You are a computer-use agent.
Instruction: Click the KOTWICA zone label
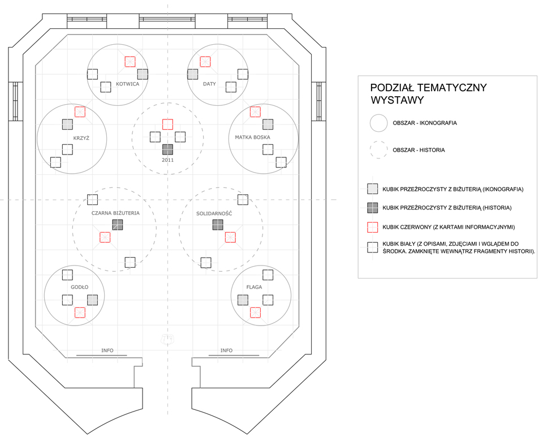tap(127, 84)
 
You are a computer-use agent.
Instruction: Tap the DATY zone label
tap(209, 84)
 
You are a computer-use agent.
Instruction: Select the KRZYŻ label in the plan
tap(81, 138)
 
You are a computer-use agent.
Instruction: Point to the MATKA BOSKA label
tap(252, 138)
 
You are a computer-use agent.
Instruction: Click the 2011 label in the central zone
tap(167, 160)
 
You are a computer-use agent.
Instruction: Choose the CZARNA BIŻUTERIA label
tap(115, 213)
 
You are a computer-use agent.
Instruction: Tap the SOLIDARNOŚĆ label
tap(214, 213)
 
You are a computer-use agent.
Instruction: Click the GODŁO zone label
tap(80, 287)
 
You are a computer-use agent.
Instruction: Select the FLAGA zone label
tap(254, 287)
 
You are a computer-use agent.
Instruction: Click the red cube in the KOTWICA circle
tap(130, 62)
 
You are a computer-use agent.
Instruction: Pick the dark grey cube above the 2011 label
tap(167, 150)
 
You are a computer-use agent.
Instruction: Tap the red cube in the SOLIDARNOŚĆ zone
tap(230, 238)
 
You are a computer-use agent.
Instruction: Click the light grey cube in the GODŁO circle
tap(92, 300)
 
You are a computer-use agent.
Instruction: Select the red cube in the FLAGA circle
tap(256, 312)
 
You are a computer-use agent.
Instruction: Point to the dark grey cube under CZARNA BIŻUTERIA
tap(118, 225)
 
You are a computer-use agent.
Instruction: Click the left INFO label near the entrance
tap(107, 350)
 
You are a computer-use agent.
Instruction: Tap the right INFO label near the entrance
tap(226, 350)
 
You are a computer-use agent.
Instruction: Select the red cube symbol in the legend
tap(373, 227)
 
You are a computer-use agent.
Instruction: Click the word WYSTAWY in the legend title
tap(397, 100)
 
